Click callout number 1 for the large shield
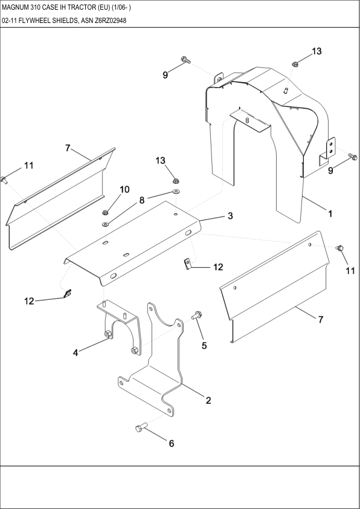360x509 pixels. (x=330, y=213)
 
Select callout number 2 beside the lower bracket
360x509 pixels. (x=208, y=400)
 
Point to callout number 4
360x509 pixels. (x=76, y=352)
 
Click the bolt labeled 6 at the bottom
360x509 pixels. (x=141, y=428)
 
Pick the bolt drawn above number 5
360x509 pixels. (x=197, y=315)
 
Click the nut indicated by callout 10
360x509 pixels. (x=105, y=212)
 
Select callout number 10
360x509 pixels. (x=124, y=189)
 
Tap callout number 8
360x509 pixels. (x=142, y=200)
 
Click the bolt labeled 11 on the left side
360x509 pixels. (x=4, y=178)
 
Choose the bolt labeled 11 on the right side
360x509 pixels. (x=339, y=248)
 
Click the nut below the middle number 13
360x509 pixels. (x=175, y=180)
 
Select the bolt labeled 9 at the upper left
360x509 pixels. (x=185, y=60)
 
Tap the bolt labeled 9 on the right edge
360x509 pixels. (x=353, y=158)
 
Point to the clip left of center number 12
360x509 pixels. (x=188, y=263)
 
